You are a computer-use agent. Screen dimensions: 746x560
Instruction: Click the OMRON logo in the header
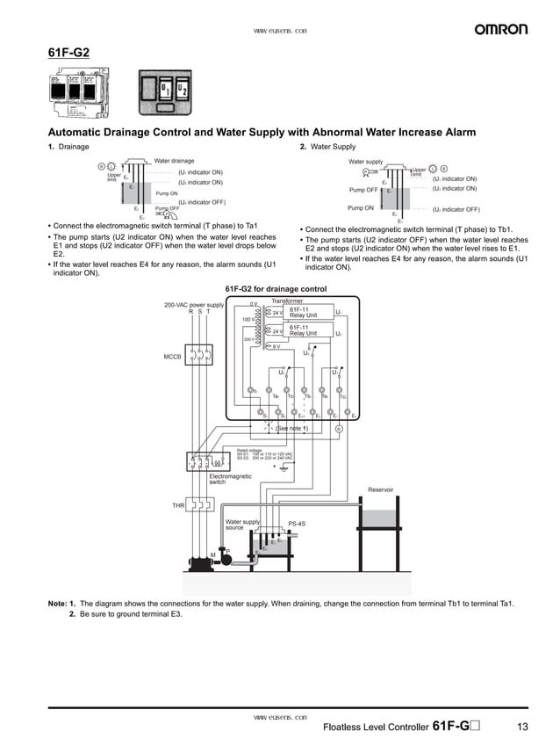501,30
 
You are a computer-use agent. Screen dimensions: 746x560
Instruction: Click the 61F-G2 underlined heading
68,52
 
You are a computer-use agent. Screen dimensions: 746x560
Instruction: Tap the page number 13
522,727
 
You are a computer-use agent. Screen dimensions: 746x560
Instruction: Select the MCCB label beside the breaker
172,357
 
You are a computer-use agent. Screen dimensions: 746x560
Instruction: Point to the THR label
177,505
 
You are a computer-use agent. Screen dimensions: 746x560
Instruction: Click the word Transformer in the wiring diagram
286,301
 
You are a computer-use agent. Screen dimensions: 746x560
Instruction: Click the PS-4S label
297,524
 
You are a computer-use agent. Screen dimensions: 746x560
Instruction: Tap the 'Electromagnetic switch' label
230,479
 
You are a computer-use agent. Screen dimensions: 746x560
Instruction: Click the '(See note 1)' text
291,428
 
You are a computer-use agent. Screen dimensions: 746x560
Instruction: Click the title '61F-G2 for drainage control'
276,289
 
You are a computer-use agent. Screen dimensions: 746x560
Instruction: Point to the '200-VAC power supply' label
194,305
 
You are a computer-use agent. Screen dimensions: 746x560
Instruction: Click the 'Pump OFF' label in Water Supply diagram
363,190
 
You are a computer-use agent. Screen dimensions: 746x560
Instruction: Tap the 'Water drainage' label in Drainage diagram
174,161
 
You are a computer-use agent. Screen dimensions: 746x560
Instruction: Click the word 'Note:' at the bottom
57,604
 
